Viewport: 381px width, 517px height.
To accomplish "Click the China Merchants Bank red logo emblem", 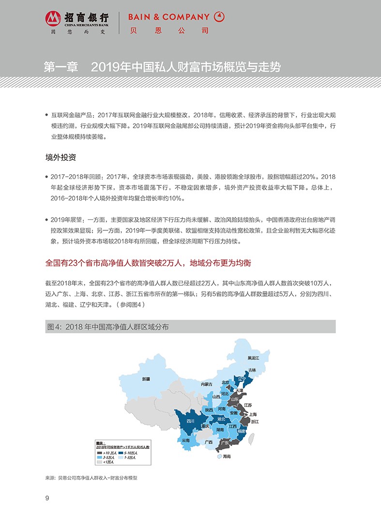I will [x=53, y=19].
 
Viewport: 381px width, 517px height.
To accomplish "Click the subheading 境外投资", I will [x=61, y=158].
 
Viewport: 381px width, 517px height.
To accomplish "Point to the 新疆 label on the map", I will [x=147, y=379].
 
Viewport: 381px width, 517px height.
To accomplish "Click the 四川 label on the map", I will [x=190, y=421].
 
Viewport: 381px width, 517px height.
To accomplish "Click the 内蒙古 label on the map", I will [x=207, y=384].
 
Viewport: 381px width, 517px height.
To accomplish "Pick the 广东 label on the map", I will [x=225, y=442].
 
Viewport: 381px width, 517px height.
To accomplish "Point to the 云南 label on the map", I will [x=186, y=441].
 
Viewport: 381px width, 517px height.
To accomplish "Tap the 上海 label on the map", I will [x=253, y=414].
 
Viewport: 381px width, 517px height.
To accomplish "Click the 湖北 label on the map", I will [x=221, y=419].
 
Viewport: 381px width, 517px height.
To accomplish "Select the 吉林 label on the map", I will [x=252, y=370].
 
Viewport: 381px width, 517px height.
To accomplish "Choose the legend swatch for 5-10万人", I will [x=120, y=452].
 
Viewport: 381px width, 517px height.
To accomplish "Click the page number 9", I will [x=47, y=498].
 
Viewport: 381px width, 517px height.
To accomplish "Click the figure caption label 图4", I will [x=52, y=327].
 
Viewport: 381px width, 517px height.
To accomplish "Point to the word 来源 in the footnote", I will [x=50, y=477].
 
